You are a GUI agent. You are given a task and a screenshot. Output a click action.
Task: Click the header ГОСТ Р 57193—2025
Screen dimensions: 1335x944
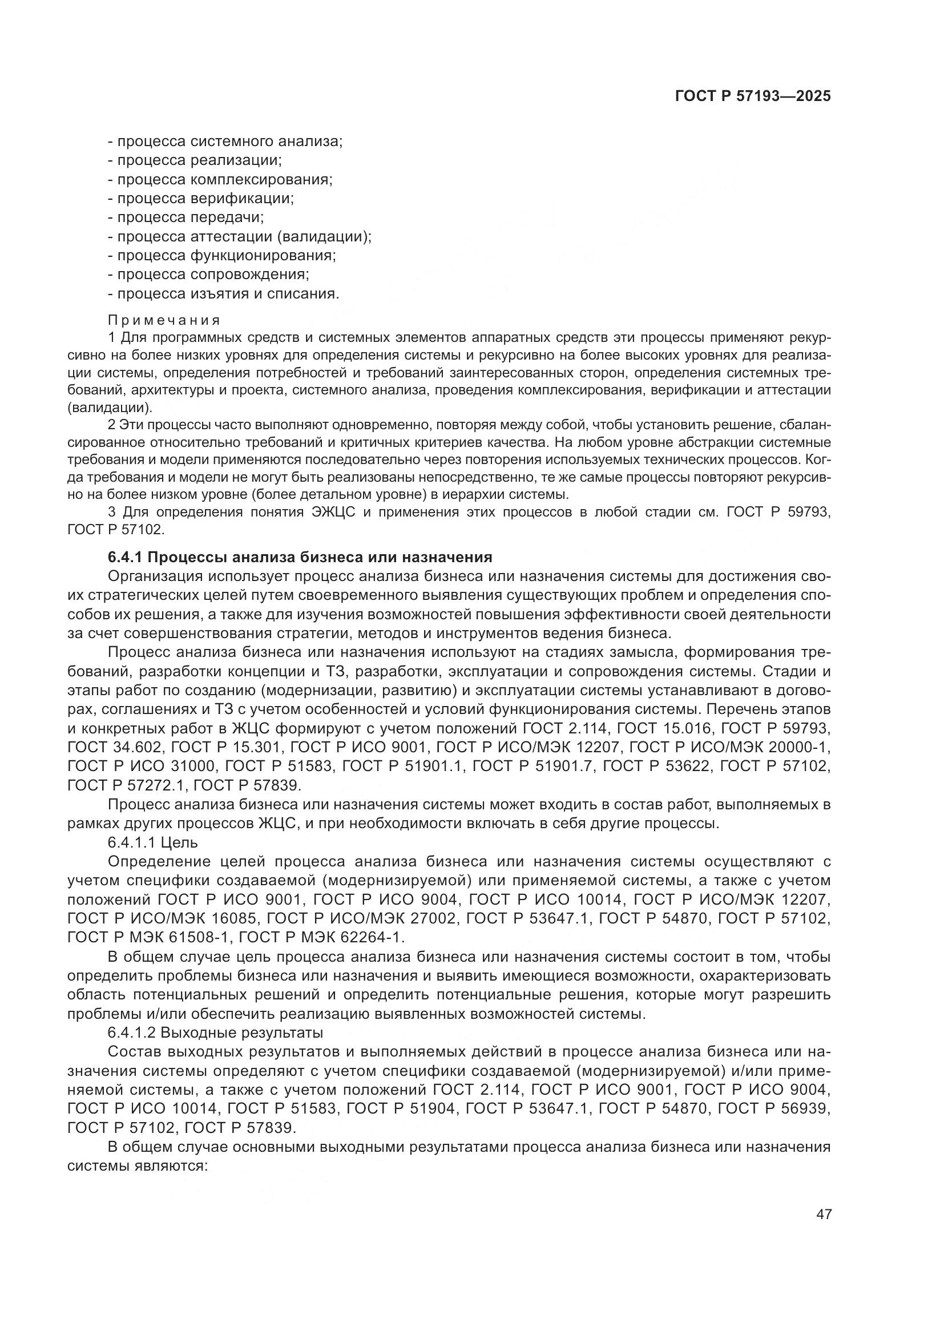pyautogui.click(x=752, y=96)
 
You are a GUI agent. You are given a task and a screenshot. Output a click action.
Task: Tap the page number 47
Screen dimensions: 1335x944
pyautogui.click(x=824, y=1214)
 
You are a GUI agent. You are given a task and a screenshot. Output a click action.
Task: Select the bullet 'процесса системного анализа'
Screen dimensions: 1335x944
pyautogui.click(x=225, y=142)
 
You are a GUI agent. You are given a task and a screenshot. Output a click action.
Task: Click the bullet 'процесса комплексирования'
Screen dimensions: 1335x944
pyautogui.click(x=220, y=179)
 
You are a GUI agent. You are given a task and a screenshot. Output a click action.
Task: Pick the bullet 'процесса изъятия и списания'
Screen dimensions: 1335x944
pyautogui.click(x=224, y=293)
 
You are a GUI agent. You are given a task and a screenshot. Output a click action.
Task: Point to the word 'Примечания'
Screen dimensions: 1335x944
pyautogui.click(x=164, y=320)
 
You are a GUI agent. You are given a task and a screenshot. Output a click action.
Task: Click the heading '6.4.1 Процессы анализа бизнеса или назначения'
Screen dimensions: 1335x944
pyautogui.click(x=300, y=557)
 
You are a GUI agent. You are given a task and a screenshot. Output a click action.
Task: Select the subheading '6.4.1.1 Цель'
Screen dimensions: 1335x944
pyautogui.click(x=153, y=842)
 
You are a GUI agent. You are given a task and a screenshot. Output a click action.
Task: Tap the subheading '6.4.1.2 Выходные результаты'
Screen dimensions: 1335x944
pyautogui.click(x=216, y=1032)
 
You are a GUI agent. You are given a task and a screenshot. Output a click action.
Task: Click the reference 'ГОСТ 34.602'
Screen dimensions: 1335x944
pyautogui.click(x=115, y=747)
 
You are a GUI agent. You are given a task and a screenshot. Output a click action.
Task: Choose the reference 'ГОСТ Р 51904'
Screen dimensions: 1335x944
pyautogui.click(x=401, y=1109)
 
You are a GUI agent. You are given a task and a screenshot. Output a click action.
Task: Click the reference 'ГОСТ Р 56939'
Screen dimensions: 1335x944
pyautogui.click(x=773, y=1109)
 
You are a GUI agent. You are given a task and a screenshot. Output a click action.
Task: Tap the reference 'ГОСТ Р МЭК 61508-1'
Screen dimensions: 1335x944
pyautogui.click(x=148, y=937)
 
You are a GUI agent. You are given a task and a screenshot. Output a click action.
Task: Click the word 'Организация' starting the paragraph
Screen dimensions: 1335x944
pyautogui.click(x=155, y=576)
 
